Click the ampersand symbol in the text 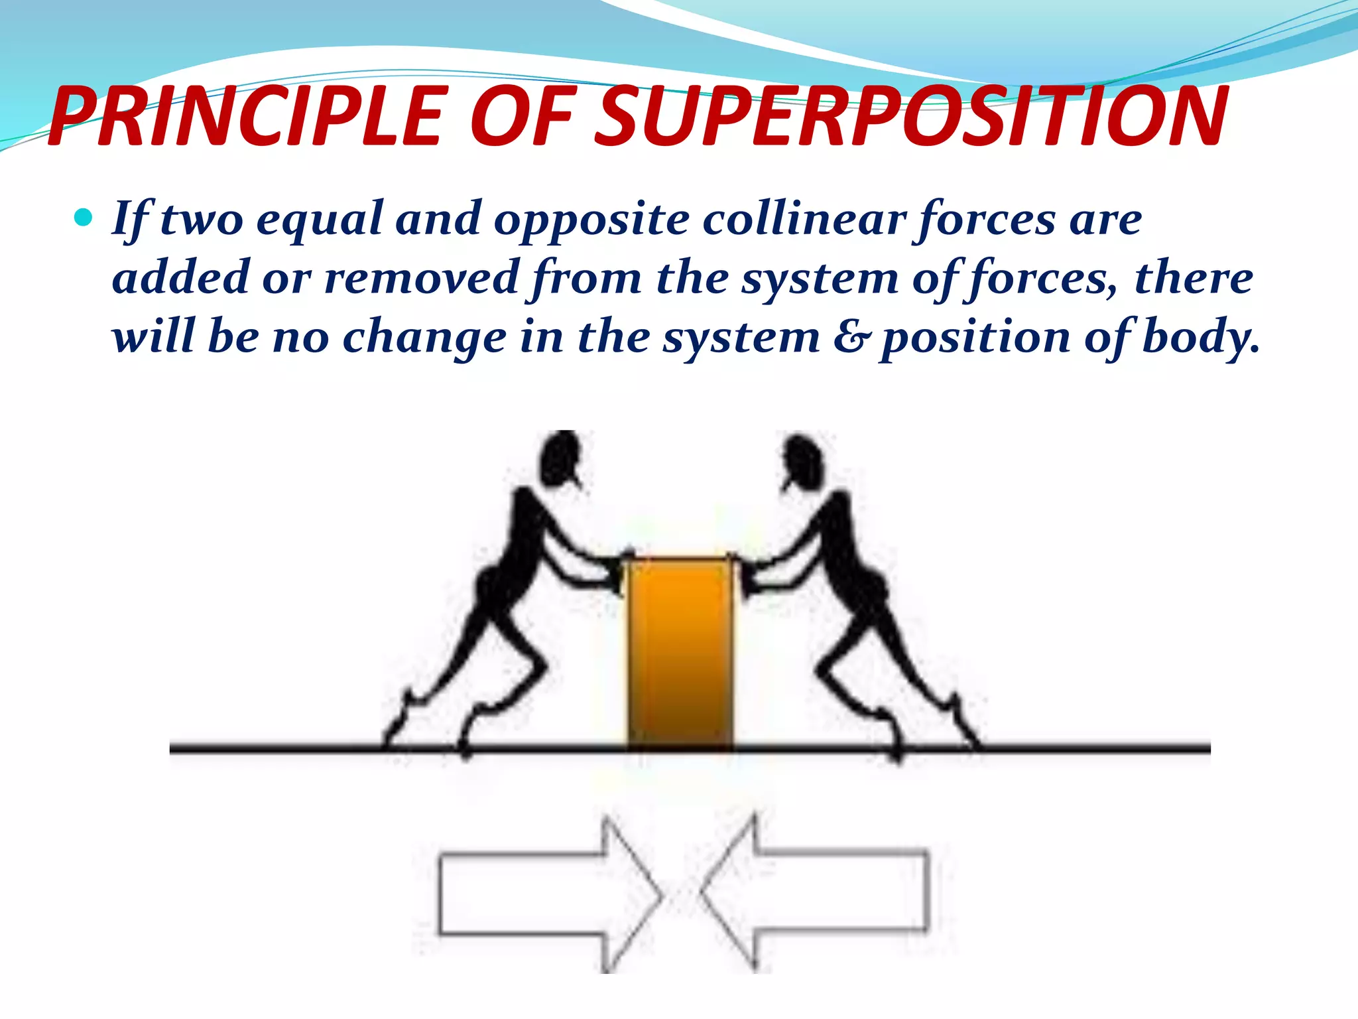tap(851, 336)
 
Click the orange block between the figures tap(680, 653)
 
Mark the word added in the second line tap(180, 277)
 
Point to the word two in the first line tap(202, 219)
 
